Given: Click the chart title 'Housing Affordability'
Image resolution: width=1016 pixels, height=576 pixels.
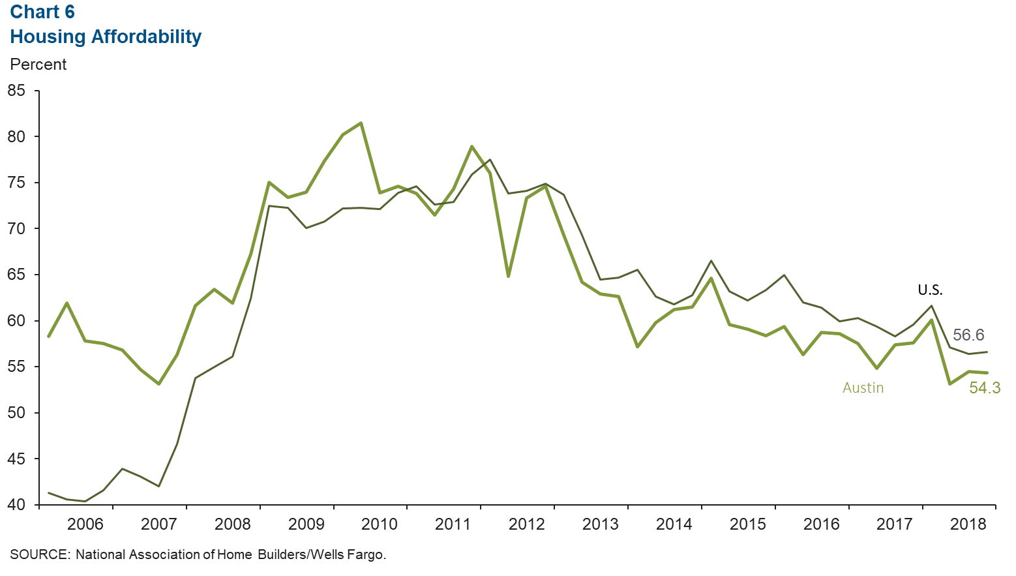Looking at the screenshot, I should pyautogui.click(x=106, y=37).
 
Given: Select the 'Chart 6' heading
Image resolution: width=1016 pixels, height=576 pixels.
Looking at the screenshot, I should pyautogui.click(x=42, y=12).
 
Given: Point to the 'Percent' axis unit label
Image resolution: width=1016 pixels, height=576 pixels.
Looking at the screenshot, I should pyautogui.click(x=38, y=65).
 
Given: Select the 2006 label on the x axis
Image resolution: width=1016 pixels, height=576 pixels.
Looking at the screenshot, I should pyautogui.click(x=85, y=524).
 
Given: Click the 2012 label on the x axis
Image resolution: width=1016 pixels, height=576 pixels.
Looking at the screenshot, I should pyautogui.click(x=527, y=524).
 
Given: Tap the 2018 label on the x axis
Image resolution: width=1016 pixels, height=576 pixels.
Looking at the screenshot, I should pyautogui.click(x=968, y=524).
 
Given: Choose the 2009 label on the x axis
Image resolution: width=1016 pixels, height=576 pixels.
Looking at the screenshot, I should pyautogui.click(x=306, y=524).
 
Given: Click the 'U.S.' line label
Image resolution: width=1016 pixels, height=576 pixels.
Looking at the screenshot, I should pyautogui.click(x=930, y=290).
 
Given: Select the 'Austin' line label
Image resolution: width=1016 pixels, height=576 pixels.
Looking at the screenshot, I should pyautogui.click(x=863, y=387).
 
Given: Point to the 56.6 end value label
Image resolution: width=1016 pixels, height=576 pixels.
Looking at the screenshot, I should pyautogui.click(x=968, y=335).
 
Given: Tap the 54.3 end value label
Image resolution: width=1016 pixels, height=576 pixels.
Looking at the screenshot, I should pyautogui.click(x=984, y=388).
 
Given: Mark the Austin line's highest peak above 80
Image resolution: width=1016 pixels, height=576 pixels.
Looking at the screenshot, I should pyautogui.click(x=361, y=123).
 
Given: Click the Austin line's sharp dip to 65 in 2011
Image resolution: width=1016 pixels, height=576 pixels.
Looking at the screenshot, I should pyautogui.click(x=508, y=276).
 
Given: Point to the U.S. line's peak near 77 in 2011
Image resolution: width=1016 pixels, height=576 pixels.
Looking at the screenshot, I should pyautogui.click(x=490, y=160).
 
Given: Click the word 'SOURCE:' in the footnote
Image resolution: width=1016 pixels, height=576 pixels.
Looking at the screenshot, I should pyautogui.click(x=40, y=554).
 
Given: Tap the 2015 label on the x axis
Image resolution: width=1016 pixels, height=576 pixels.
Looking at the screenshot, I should pyautogui.click(x=747, y=524).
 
